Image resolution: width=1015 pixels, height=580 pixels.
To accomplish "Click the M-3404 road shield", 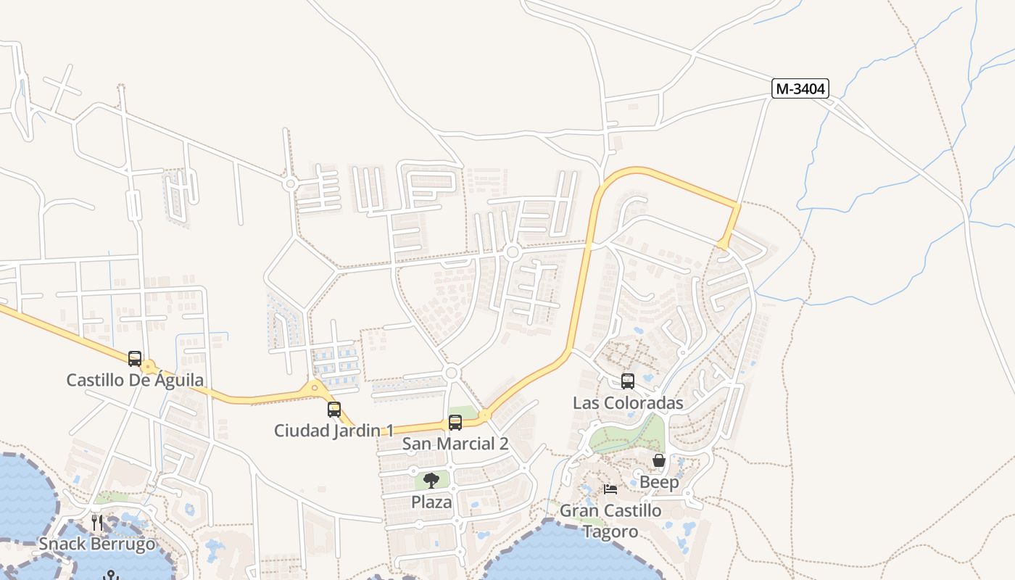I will tap(800, 88).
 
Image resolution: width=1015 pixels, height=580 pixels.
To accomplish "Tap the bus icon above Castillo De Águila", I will tap(135, 358).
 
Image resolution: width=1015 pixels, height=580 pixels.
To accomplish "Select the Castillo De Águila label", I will tap(135, 380).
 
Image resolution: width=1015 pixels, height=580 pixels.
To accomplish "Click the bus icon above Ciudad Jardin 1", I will tap(333, 409).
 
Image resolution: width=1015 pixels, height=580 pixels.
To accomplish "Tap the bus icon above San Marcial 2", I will tap(455, 422).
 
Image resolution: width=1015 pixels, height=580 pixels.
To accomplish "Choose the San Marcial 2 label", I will tap(455, 444).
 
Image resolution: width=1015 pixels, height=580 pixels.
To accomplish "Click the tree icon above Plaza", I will tap(431, 480).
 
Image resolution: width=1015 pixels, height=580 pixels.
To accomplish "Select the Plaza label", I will tap(431, 502).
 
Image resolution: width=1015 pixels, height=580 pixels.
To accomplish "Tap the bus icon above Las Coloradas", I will tap(628, 381).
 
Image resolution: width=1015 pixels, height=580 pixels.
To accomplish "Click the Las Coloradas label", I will tap(628, 403).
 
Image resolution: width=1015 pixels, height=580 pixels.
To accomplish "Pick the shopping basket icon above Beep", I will tap(659, 460).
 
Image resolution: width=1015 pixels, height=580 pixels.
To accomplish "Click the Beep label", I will tap(659, 482).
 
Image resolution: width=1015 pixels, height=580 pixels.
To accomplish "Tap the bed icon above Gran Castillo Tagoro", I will tap(610, 489).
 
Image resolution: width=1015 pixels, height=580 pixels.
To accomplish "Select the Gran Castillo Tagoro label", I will tap(610, 521).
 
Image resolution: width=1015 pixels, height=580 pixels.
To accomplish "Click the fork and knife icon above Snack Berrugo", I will tap(97, 522).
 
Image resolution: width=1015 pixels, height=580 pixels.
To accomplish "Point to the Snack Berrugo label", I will tap(97, 544).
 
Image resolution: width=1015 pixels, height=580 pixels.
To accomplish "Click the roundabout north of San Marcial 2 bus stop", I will tap(452, 373).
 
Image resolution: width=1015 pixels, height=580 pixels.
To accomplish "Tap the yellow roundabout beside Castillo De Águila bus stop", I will tap(149, 367).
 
